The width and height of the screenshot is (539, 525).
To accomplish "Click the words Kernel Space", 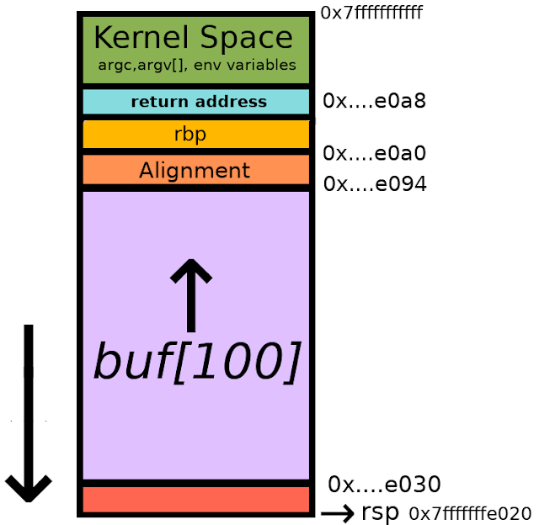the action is point(193,37).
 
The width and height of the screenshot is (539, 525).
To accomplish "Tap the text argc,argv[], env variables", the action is point(197,65).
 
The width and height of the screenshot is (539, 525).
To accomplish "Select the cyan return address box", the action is point(196,102).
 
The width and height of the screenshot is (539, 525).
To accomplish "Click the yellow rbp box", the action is point(196,135).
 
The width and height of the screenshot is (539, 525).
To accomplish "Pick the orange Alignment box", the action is point(196,169).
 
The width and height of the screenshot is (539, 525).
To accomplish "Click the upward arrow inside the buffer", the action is point(191,295).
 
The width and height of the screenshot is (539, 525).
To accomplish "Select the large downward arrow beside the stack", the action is point(29,413).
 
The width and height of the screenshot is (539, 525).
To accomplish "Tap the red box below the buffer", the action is point(196,500).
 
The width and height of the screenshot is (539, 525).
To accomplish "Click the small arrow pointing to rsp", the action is point(337,514).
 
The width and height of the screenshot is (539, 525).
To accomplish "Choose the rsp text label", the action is point(380,513).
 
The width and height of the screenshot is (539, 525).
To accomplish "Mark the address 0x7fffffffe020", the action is point(470,514).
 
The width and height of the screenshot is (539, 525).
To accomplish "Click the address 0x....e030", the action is point(384,484).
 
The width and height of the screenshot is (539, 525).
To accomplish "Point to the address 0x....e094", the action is point(375,183).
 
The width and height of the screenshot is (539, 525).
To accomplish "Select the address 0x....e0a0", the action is point(374,153).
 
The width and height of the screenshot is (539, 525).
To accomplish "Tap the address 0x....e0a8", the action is point(374,101).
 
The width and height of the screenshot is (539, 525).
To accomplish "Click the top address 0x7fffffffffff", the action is point(371,13).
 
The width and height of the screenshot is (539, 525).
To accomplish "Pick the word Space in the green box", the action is point(246,38).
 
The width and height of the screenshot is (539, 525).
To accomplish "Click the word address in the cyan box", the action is point(231,102).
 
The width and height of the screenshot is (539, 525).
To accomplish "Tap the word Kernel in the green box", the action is point(141,37).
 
